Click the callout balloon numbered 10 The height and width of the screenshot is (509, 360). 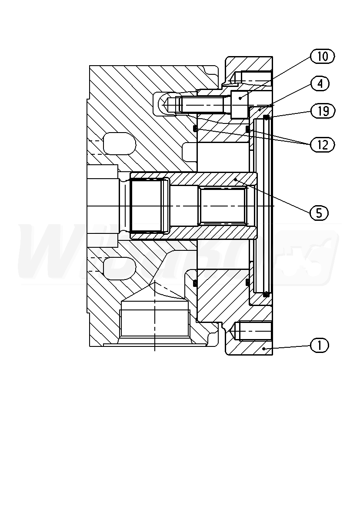(323, 57)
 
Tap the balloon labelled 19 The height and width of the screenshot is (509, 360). (323, 111)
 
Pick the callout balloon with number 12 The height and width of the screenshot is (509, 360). (323, 145)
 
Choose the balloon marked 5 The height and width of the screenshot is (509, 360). (319, 213)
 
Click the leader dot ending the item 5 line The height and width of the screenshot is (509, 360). (235, 179)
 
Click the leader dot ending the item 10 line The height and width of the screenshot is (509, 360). (240, 99)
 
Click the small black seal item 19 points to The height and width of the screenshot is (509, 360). (266, 117)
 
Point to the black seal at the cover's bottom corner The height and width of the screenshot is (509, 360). (266, 295)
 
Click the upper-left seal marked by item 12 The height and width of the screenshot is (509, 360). (195, 129)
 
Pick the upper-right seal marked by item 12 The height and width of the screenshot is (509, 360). (247, 129)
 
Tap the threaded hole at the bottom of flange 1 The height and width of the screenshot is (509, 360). (254, 331)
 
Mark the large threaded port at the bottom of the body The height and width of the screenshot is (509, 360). (154, 323)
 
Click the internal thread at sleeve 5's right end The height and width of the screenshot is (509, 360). (223, 205)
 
